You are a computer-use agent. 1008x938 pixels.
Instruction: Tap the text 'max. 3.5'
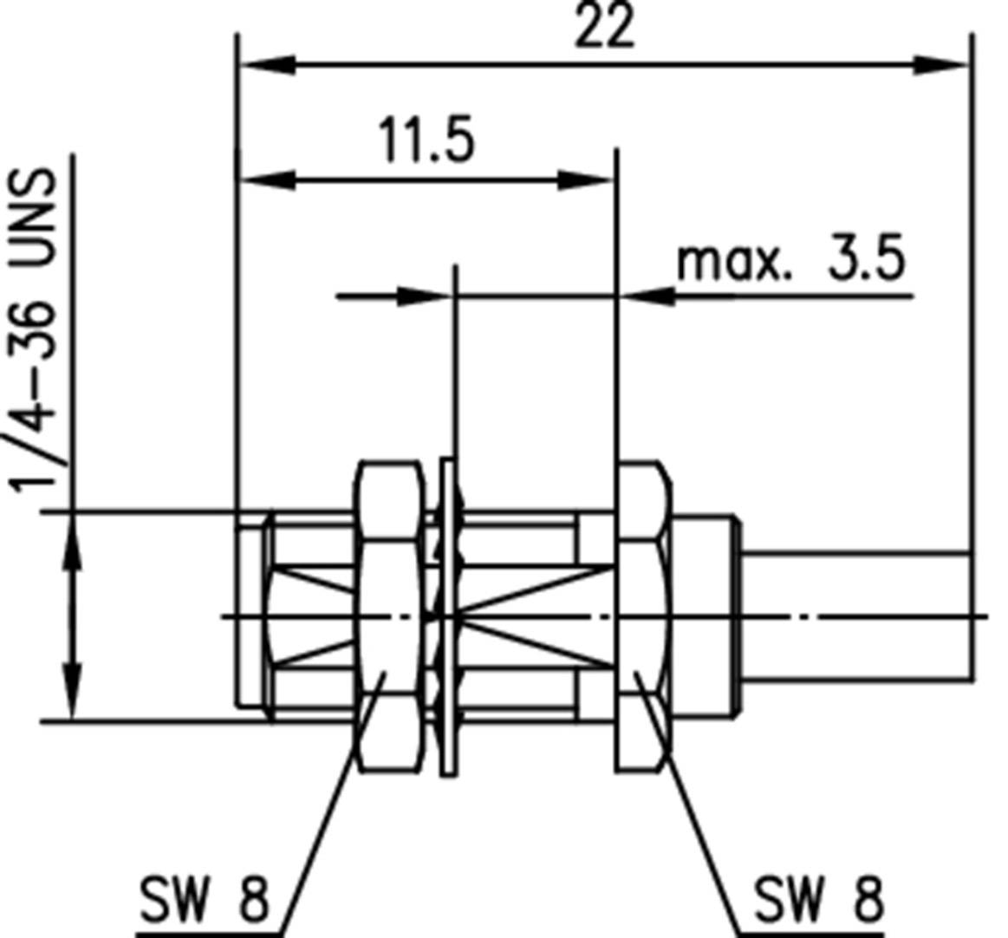(x=790, y=260)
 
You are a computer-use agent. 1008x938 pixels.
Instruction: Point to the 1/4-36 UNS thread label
(x=36, y=329)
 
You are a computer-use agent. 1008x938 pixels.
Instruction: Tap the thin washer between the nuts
(x=447, y=616)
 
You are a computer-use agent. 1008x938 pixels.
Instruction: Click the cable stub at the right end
(x=854, y=616)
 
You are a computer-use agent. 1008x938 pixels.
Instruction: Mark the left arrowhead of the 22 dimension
(x=269, y=65)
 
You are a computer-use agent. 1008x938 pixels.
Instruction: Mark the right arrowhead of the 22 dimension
(x=940, y=65)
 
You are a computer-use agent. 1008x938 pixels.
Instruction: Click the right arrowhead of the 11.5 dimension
(x=586, y=180)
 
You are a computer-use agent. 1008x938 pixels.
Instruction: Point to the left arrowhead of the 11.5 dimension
(x=269, y=180)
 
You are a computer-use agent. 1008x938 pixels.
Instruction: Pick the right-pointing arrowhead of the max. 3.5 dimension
(x=425, y=296)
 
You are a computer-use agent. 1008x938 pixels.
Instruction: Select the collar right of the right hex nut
(x=704, y=616)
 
